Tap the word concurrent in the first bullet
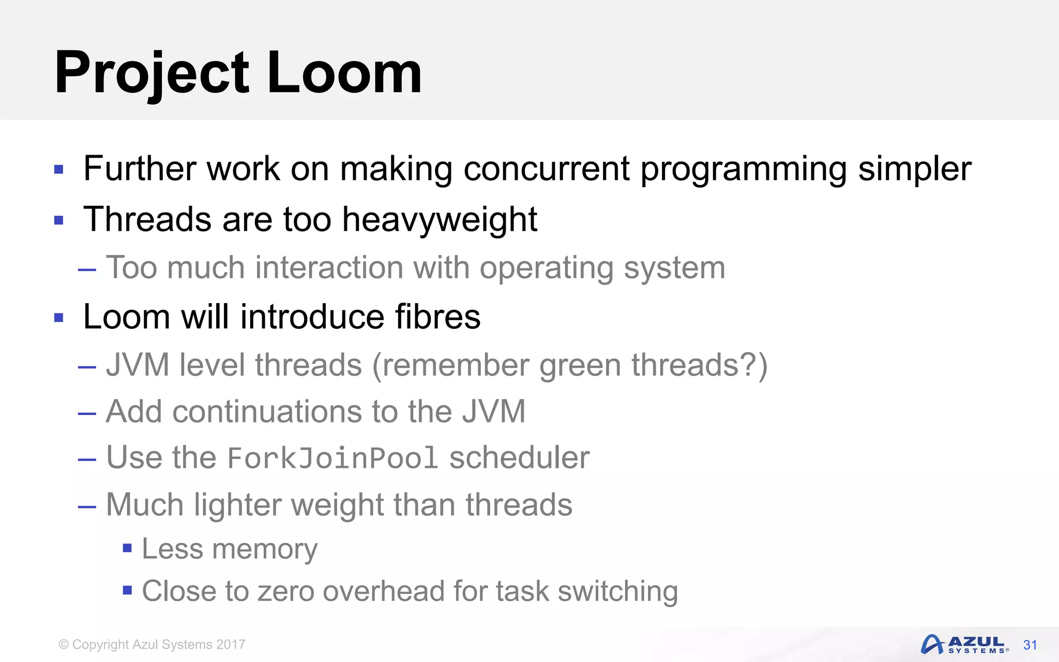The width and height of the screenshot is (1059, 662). click(x=546, y=169)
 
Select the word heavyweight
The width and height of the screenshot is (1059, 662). click(x=440, y=219)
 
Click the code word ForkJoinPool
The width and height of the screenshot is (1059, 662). click(x=332, y=458)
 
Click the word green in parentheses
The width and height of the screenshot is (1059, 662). click(x=580, y=365)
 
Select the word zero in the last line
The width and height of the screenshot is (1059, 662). click(x=285, y=591)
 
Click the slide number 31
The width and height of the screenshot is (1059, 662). click(x=1030, y=645)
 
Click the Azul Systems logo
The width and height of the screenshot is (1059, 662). click(x=964, y=644)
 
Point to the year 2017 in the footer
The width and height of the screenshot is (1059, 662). click(x=231, y=644)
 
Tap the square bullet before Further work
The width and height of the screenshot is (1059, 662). click(x=59, y=169)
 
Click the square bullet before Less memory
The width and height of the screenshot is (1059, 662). click(x=127, y=548)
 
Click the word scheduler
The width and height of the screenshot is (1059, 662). click(x=519, y=458)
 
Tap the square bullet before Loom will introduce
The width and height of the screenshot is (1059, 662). click(x=59, y=317)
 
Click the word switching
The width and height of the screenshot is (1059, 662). click(x=617, y=591)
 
